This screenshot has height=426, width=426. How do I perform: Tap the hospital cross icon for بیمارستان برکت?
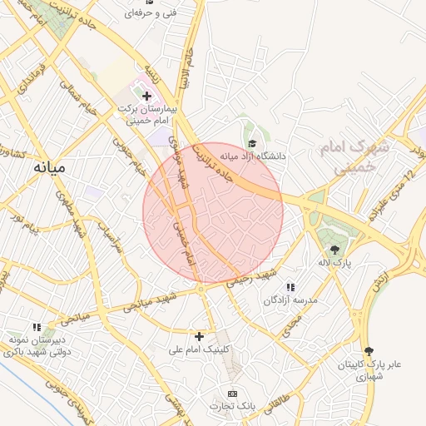(x=147, y=96)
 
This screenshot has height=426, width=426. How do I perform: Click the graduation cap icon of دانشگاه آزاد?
(x=252, y=144)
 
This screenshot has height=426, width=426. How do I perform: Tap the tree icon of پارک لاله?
(x=334, y=249)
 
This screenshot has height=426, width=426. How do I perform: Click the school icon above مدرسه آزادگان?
(x=290, y=287)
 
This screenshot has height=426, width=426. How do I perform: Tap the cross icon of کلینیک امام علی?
(x=199, y=336)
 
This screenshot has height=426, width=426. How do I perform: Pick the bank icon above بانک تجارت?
(x=232, y=393)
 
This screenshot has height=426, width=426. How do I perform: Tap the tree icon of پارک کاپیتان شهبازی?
(x=369, y=351)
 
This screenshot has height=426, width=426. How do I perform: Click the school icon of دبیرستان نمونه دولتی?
(x=36, y=328)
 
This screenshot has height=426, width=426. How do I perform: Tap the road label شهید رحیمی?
(x=253, y=278)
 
